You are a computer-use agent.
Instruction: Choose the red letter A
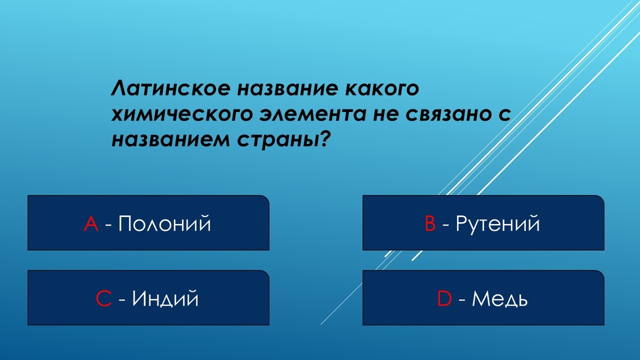[x=91, y=224]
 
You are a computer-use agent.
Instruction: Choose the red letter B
[x=430, y=224]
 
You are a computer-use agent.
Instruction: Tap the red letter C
[x=103, y=299]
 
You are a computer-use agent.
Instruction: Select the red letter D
[x=444, y=299]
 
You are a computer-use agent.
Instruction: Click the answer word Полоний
[x=164, y=224]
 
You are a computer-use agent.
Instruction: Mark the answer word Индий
[x=165, y=299]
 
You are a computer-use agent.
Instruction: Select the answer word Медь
[x=500, y=299]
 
